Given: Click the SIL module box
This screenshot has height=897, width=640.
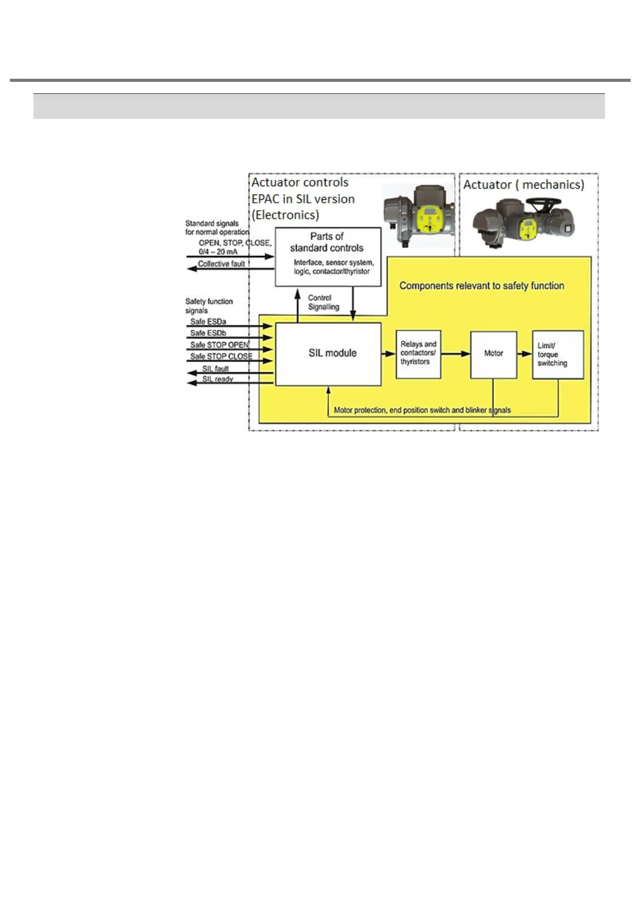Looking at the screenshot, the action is [328, 354].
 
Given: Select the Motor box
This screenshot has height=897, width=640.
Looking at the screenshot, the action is [493, 354].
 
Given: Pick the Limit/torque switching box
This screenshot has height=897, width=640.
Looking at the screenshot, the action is [558, 354].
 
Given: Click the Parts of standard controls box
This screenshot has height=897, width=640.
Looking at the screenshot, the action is [328, 256].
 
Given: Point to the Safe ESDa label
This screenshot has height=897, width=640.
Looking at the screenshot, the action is [208, 322].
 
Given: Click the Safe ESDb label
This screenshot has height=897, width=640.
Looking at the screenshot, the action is [208, 333].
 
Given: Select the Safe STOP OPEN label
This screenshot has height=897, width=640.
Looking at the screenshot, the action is [220, 345].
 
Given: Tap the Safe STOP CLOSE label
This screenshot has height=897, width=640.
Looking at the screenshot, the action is [221, 356].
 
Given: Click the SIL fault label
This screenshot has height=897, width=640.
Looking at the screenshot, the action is [215, 369].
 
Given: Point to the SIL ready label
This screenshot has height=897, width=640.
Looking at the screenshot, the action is [218, 379].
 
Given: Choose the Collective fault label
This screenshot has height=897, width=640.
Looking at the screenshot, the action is [221, 264].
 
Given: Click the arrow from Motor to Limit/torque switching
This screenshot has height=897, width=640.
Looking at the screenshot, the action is [524, 354].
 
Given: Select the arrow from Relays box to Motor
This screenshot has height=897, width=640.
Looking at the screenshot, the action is [455, 354].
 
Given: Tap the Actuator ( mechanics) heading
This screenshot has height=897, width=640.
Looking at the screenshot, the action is [524, 185].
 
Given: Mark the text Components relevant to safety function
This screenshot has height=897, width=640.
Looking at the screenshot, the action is [481, 286].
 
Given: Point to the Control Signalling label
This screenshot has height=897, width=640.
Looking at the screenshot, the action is [323, 302].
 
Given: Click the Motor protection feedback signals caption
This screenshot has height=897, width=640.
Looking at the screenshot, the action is [422, 410].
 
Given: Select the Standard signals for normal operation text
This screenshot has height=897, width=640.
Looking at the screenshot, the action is [217, 227].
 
